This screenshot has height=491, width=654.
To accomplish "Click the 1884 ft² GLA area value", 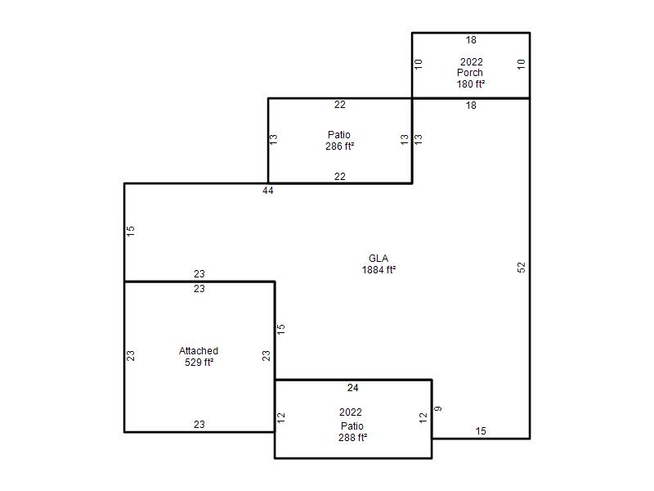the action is pyautogui.click(x=379, y=270).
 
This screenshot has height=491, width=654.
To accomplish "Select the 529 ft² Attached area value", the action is pyautogui.click(x=199, y=363).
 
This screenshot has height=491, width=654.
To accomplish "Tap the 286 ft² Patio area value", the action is pyautogui.click(x=340, y=146).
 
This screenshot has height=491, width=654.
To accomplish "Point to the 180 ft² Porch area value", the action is pyautogui.click(x=471, y=84).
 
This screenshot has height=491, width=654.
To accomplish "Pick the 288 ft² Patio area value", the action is pyautogui.click(x=353, y=438).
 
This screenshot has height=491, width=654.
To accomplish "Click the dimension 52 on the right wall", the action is pyautogui.click(x=522, y=268).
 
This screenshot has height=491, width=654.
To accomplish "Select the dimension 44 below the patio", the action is pyautogui.click(x=268, y=191).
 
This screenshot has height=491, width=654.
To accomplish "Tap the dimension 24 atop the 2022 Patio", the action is pyautogui.click(x=353, y=388).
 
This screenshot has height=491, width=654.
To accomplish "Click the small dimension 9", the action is pyautogui.click(x=438, y=408).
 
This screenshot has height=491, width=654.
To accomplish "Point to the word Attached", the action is pyautogui.click(x=199, y=351).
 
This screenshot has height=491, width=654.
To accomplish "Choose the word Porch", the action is pyautogui.click(x=470, y=73).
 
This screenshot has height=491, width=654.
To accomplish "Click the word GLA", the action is pyautogui.click(x=379, y=259).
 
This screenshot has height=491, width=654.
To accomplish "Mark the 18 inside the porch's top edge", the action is pyautogui.click(x=471, y=40).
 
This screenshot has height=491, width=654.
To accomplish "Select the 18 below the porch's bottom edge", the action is pyautogui.click(x=471, y=106).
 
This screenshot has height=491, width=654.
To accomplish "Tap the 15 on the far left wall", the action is pyautogui.click(x=131, y=231).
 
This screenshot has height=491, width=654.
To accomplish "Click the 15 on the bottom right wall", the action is pyautogui.click(x=481, y=431).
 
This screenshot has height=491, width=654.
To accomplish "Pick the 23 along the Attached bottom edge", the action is pyautogui.click(x=199, y=425).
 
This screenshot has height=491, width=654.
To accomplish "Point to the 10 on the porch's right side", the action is pyautogui.click(x=522, y=65).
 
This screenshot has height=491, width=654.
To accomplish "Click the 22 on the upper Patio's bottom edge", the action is pyautogui.click(x=340, y=177).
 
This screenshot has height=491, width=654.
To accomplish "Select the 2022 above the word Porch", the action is pyautogui.click(x=472, y=62).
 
